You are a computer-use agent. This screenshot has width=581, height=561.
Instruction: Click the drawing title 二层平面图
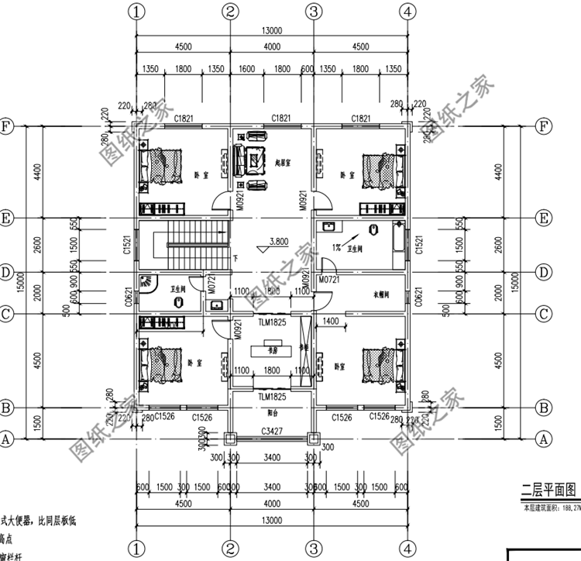[x=549, y=490]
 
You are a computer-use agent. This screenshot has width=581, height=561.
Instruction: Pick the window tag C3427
[x=271, y=429]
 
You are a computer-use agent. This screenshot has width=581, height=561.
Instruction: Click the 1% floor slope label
[x=337, y=247]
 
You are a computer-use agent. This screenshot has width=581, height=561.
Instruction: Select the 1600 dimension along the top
[x=247, y=69]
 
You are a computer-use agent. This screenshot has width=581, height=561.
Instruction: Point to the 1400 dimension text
[x=331, y=320]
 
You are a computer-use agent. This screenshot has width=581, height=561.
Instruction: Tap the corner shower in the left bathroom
[x=146, y=284]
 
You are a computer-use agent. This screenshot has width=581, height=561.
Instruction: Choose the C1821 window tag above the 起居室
[x=280, y=118]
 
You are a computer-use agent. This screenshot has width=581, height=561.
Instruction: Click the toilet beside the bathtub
[x=374, y=231]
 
